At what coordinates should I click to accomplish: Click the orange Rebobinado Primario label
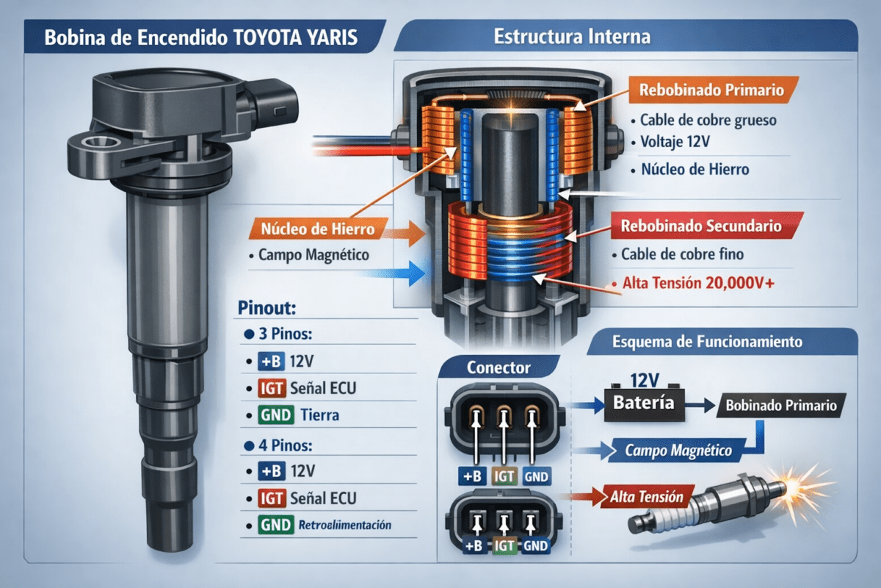click(713, 90)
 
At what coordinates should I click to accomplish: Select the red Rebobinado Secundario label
click(706, 226)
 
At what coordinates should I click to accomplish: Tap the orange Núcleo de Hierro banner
click(318, 229)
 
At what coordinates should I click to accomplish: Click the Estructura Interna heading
click(572, 37)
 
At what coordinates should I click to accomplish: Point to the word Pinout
click(267, 307)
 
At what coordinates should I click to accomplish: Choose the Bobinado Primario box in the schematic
click(781, 405)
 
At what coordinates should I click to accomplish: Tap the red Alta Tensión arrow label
click(647, 497)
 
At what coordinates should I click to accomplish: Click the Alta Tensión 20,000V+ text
click(698, 283)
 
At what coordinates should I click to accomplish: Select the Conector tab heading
click(498, 367)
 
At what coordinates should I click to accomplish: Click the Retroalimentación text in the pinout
click(345, 525)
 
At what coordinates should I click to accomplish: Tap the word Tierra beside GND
click(320, 415)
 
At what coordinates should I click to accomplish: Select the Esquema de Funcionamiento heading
click(707, 342)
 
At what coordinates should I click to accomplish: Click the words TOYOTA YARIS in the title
click(295, 37)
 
